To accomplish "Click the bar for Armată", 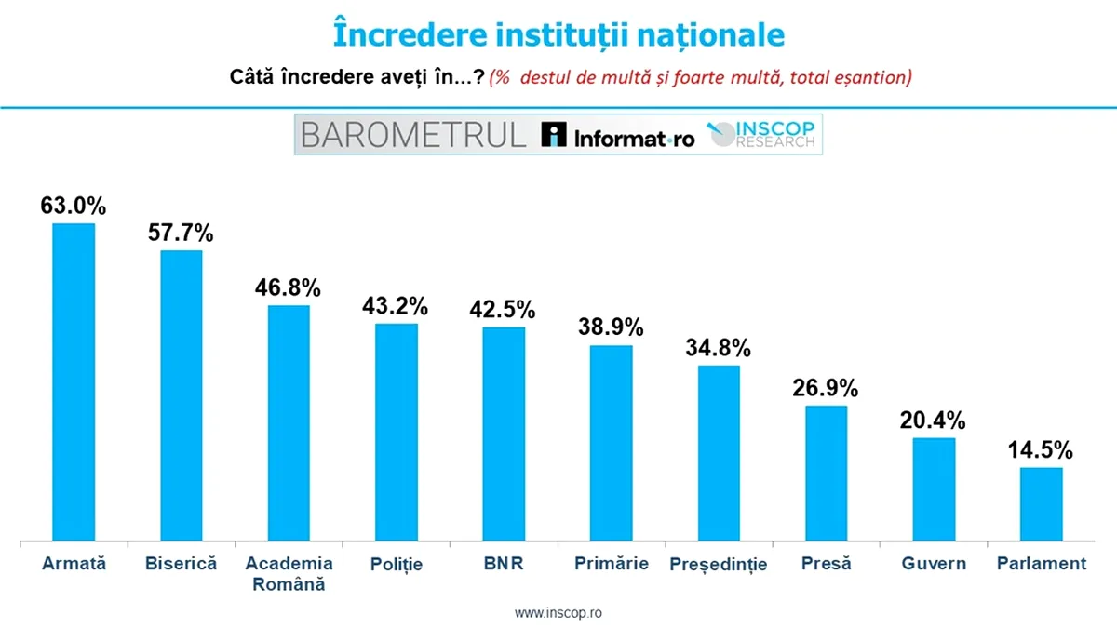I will (x=74, y=381).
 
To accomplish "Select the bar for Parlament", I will (x=1041, y=503).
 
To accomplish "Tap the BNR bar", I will (x=504, y=434).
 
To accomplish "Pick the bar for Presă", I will (x=826, y=473).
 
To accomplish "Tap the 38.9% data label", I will (x=611, y=327).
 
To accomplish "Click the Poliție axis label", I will (x=396, y=564).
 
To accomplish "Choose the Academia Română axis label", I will (x=289, y=573).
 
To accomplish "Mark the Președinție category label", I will (x=719, y=565).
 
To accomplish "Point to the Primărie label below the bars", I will (x=611, y=564).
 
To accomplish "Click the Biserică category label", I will (x=182, y=564).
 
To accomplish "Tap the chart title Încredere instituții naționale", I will (x=558, y=34).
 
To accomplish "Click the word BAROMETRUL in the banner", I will (x=413, y=135).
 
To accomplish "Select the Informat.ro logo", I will (x=618, y=136).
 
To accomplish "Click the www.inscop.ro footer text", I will (x=558, y=614).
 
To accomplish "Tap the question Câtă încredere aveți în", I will (x=357, y=78).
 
